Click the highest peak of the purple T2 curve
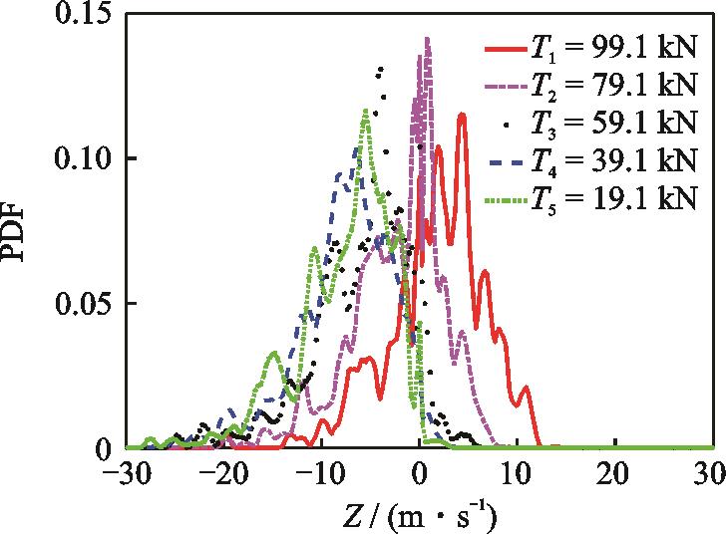(x=427, y=40)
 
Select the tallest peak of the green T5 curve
(x=366, y=112)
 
